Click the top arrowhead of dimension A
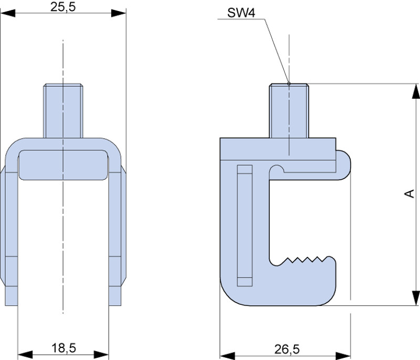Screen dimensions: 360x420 point(415,90)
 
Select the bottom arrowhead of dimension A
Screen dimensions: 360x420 point(415,297)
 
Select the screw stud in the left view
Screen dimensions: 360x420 point(64,110)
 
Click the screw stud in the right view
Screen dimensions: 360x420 point(289,110)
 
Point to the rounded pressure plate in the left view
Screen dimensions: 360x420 point(64,165)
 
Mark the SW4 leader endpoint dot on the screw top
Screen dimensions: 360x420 point(289,83)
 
